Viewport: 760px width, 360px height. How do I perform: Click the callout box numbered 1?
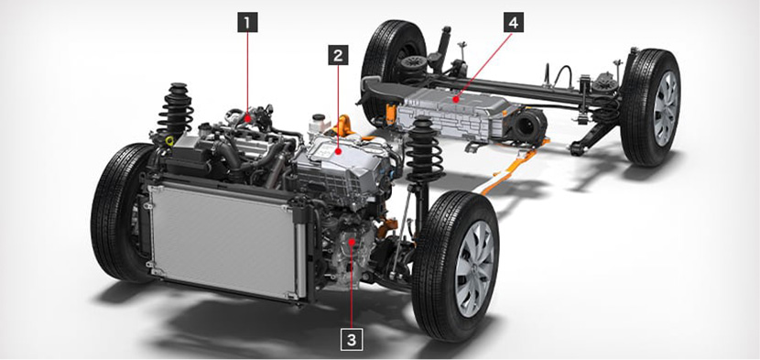tap(247, 22)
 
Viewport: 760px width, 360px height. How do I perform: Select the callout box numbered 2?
tap(338, 55)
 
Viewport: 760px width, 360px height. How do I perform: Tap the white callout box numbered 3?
tap(352, 340)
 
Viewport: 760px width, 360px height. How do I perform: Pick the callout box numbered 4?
tap(514, 22)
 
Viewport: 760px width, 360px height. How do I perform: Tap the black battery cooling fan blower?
tap(529, 125)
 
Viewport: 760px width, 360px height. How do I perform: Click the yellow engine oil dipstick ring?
tap(169, 141)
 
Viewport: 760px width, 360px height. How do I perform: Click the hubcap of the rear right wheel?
tap(666, 109)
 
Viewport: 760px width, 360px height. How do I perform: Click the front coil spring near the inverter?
tap(424, 149)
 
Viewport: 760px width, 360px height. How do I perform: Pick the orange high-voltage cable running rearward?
tap(509, 168)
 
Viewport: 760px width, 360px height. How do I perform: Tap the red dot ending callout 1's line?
tap(247, 116)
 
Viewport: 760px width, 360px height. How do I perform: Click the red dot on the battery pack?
tap(455, 99)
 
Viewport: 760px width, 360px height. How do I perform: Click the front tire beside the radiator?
tap(121, 213)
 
